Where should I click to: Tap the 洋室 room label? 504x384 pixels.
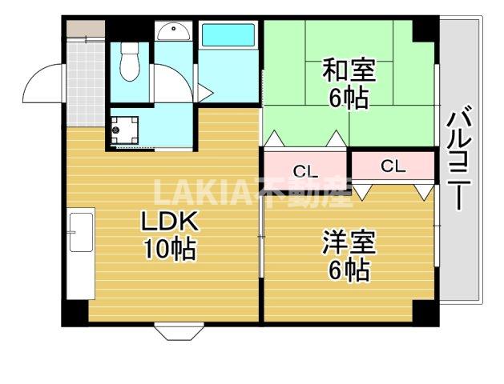pos(348,242)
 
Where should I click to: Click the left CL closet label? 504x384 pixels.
pos(303,170)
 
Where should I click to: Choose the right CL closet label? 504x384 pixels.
pos(393,166)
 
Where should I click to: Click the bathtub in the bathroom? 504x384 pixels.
pos(228,37)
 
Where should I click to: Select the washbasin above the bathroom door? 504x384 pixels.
pos(171,32)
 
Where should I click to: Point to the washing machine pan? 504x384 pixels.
pos(125,130)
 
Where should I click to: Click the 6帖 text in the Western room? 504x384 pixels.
pos(348,271)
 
